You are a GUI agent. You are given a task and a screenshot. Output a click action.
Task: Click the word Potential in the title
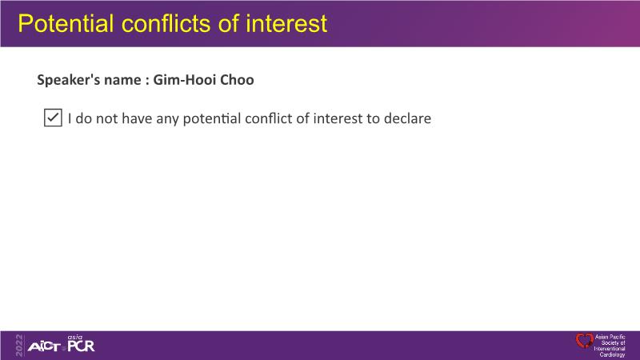coord(66,23)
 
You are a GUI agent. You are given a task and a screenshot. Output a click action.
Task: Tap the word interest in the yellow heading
coord(286,23)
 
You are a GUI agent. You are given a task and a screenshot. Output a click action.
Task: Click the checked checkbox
coord(53,118)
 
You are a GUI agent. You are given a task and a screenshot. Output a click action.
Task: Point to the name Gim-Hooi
coord(185,79)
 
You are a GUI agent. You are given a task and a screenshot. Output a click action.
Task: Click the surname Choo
coord(237,79)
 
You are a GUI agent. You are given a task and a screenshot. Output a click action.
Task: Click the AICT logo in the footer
coord(44,347)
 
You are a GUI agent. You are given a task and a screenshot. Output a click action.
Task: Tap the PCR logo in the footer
coord(82,346)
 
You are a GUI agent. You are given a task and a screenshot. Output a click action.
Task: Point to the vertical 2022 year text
coord(19,346)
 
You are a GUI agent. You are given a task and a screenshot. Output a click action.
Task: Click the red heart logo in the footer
coord(584,341)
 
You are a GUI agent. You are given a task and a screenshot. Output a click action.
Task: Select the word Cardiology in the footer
coord(612,354)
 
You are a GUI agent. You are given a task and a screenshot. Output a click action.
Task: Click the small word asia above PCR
coord(75,337)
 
